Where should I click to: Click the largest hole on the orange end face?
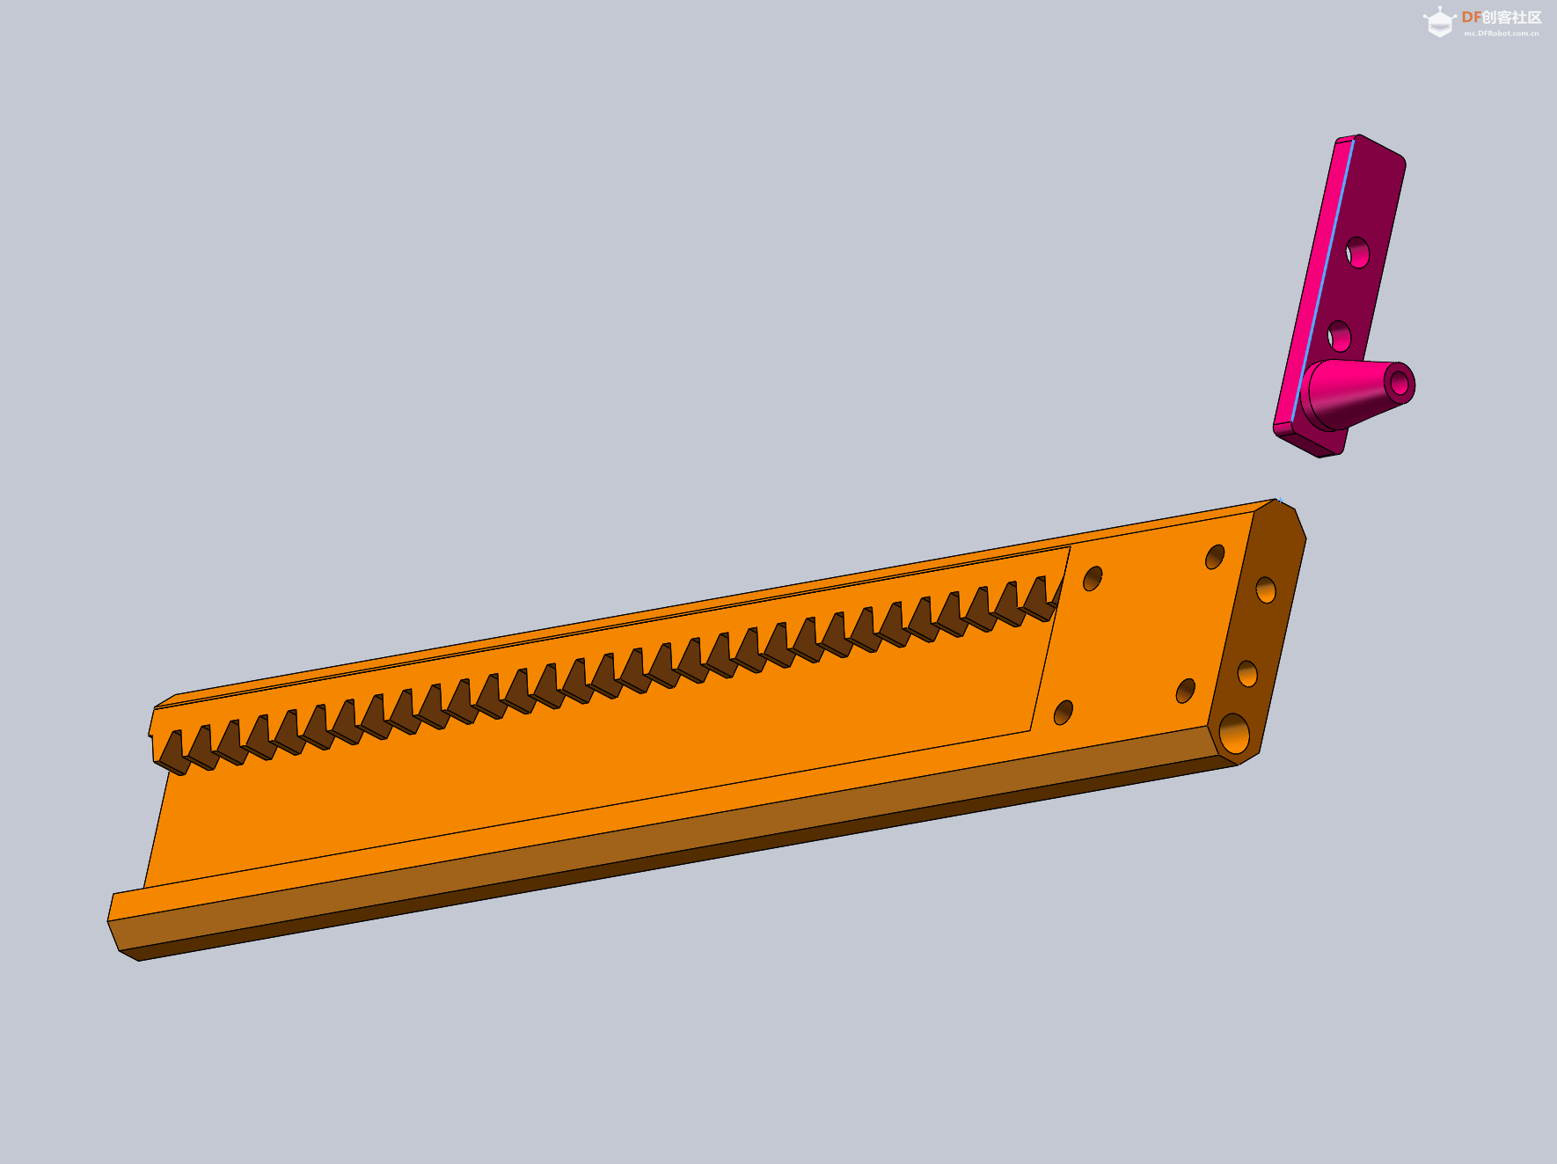click(x=1234, y=733)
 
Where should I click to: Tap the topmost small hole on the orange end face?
click(x=1266, y=589)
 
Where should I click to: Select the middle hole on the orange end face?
click(x=1247, y=674)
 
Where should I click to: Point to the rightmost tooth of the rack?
click(x=1042, y=597)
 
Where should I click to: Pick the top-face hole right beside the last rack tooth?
click(x=1093, y=578)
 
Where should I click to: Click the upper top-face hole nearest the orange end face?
click(x=1215, y=556)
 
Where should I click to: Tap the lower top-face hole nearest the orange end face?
click(x=1186, y=691)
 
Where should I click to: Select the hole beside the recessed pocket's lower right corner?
click(x=1064, y=712)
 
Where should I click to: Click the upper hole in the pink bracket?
click(x=1357, y=253)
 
